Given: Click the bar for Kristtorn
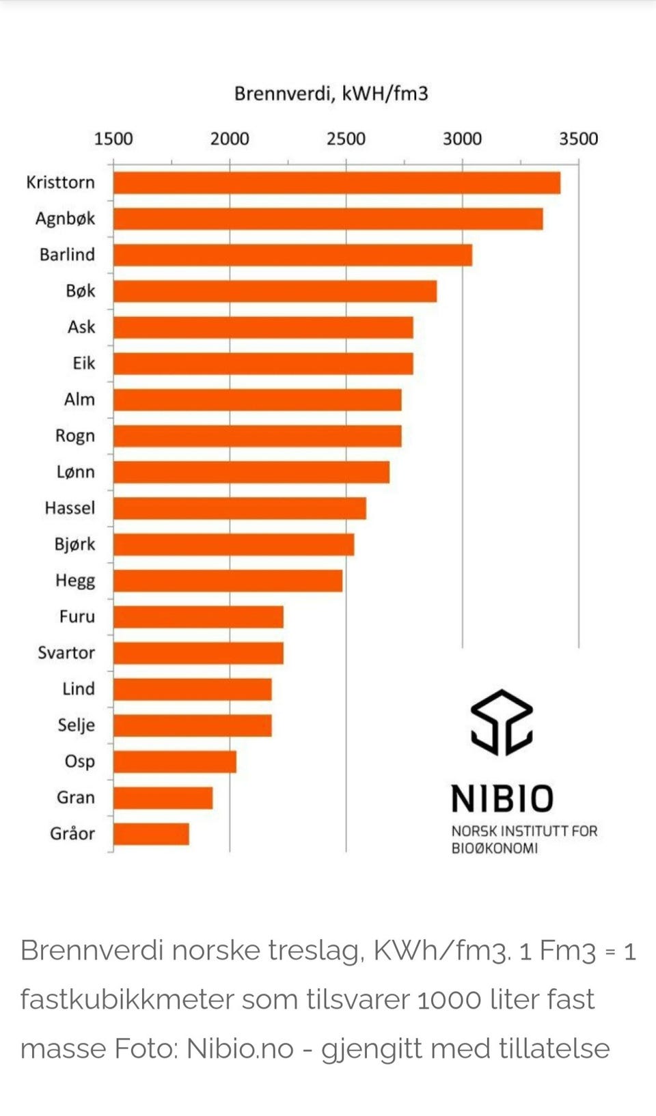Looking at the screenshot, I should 336,183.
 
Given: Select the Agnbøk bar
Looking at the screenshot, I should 328,219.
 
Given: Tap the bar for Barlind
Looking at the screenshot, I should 292,255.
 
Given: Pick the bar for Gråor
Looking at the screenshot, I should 151,834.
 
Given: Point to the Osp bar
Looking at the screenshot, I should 175,762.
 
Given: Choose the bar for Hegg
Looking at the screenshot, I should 228,581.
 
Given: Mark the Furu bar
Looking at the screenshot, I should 198,617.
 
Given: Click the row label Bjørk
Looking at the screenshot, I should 74,545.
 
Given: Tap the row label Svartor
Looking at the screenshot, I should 66,653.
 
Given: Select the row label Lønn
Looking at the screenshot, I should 75,472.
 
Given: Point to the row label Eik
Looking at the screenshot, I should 83,363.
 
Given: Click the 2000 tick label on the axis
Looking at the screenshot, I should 230,139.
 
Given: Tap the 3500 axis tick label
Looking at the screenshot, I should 578,139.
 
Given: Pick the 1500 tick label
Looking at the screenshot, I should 113,139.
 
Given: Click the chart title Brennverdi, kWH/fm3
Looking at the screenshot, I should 331,94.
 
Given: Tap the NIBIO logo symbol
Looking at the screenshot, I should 502,722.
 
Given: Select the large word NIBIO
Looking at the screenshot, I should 502,798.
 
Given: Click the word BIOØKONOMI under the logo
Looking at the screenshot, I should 494,848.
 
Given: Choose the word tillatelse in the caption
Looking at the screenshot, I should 553,1048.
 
